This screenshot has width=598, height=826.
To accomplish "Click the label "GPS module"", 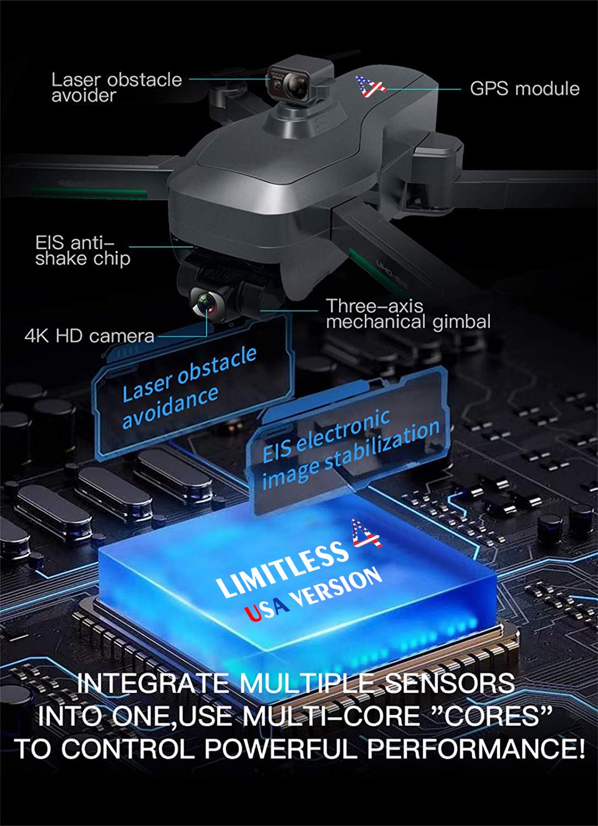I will tap(524, 89).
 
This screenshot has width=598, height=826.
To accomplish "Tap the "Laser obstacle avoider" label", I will tap(116, 87).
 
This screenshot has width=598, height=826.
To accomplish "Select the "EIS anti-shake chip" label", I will tap(83, 251).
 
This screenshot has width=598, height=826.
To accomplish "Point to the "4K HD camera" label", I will tap(89, 335).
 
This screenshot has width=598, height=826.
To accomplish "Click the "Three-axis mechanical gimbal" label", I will tap(407, 314).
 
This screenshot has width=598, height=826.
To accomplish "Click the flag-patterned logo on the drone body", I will tap(369, 86).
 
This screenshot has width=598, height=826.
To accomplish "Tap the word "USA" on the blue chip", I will tap(266, 608).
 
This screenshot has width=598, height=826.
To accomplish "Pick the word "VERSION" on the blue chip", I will tap(337, 587).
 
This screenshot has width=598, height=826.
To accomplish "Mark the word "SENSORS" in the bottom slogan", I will tap(449, 683).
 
